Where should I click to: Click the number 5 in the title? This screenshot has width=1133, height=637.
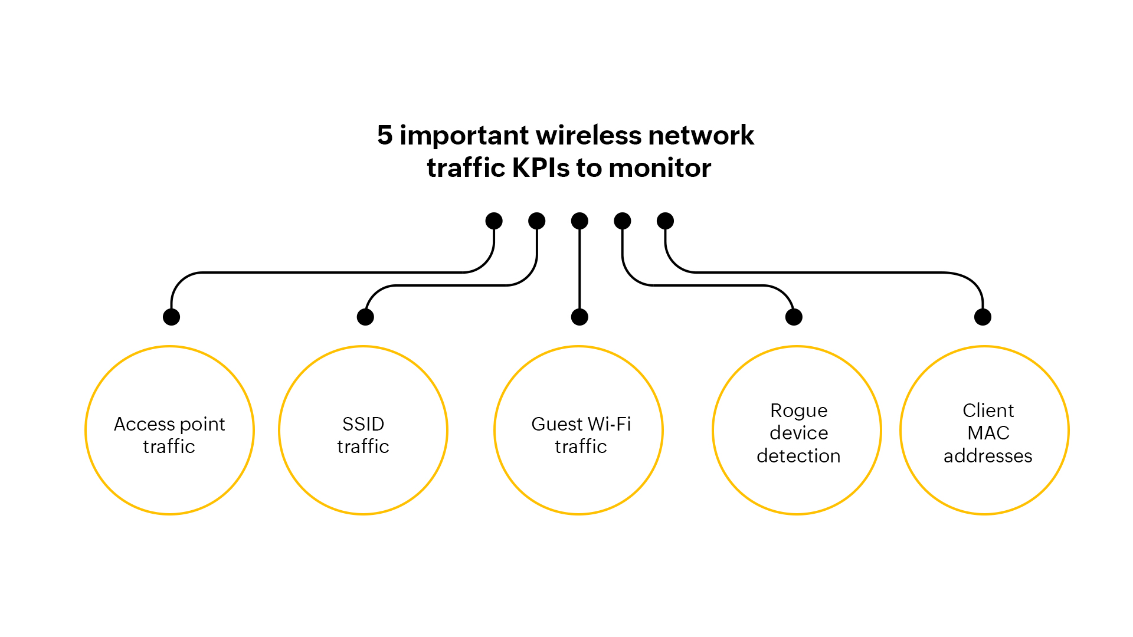point(385,135)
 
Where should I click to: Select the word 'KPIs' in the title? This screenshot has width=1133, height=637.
point(541,168)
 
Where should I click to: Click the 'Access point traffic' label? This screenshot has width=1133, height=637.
point(169,435)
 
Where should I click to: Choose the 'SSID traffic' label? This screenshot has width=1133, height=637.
point(363,435)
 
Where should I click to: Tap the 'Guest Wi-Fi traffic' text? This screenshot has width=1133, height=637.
point(581,435)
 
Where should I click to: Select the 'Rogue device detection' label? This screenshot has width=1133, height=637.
point(798,433)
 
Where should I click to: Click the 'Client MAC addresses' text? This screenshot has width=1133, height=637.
point(988,433)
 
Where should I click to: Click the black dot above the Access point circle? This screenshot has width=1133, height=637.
point(171,317)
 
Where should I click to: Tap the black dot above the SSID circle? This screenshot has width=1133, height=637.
point(365,317)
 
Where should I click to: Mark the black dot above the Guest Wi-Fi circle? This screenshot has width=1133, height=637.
point(579,317)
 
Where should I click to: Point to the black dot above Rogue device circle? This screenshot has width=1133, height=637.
point(794,317)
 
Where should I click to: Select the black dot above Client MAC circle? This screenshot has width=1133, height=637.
point(983,317)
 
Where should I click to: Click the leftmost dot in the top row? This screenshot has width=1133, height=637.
point(494,221)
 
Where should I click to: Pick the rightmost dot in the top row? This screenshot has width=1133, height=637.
point(665,221)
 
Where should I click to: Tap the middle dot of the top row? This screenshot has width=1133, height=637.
point(579,221)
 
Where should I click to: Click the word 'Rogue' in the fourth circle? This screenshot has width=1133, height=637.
point(799,411)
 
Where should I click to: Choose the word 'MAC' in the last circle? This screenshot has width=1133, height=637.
point(988,433)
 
